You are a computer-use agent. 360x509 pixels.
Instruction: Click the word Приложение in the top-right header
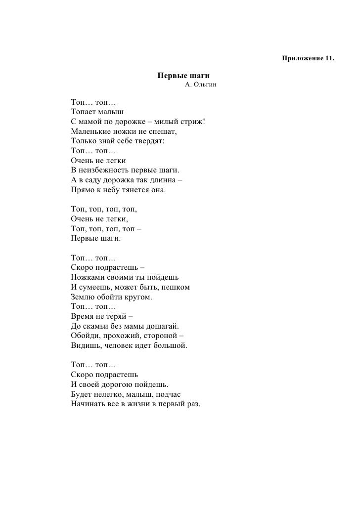click(x=303, y=59)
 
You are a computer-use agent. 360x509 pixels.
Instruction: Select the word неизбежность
click(x=103, y=170)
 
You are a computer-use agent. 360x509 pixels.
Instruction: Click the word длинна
click(x=159, y=180)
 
